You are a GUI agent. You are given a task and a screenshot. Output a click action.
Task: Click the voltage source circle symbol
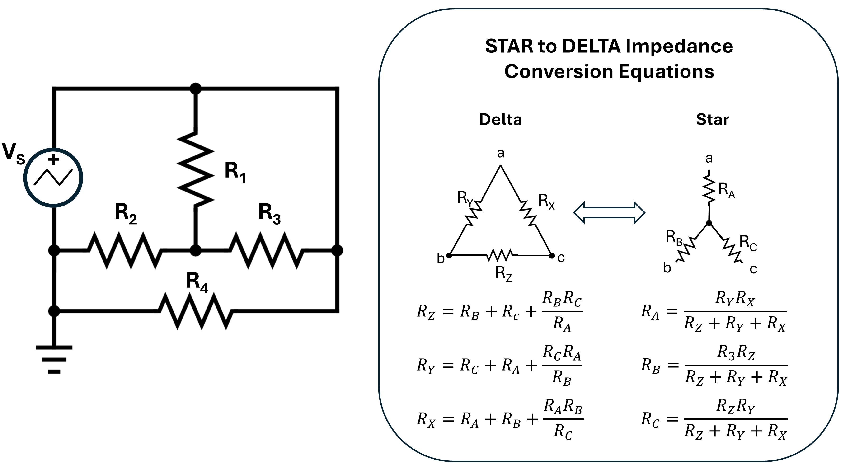[53, 178]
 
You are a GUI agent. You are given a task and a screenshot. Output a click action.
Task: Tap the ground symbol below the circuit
[54, 359]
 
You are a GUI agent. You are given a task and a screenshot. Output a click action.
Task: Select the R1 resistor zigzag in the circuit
[196, 169]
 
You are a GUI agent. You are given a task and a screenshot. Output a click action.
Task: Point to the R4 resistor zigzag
[196, 311]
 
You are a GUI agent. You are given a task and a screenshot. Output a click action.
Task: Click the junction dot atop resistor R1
[196, 89]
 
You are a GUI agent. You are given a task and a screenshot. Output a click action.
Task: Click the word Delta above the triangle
[500, 119]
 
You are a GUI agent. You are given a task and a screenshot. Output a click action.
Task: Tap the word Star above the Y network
[713, 119]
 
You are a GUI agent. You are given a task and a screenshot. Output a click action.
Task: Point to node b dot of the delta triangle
[449, 255]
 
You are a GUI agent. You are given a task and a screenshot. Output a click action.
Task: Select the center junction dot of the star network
[709, 223]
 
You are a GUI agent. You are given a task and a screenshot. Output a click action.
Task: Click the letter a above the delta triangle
[501, 153]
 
